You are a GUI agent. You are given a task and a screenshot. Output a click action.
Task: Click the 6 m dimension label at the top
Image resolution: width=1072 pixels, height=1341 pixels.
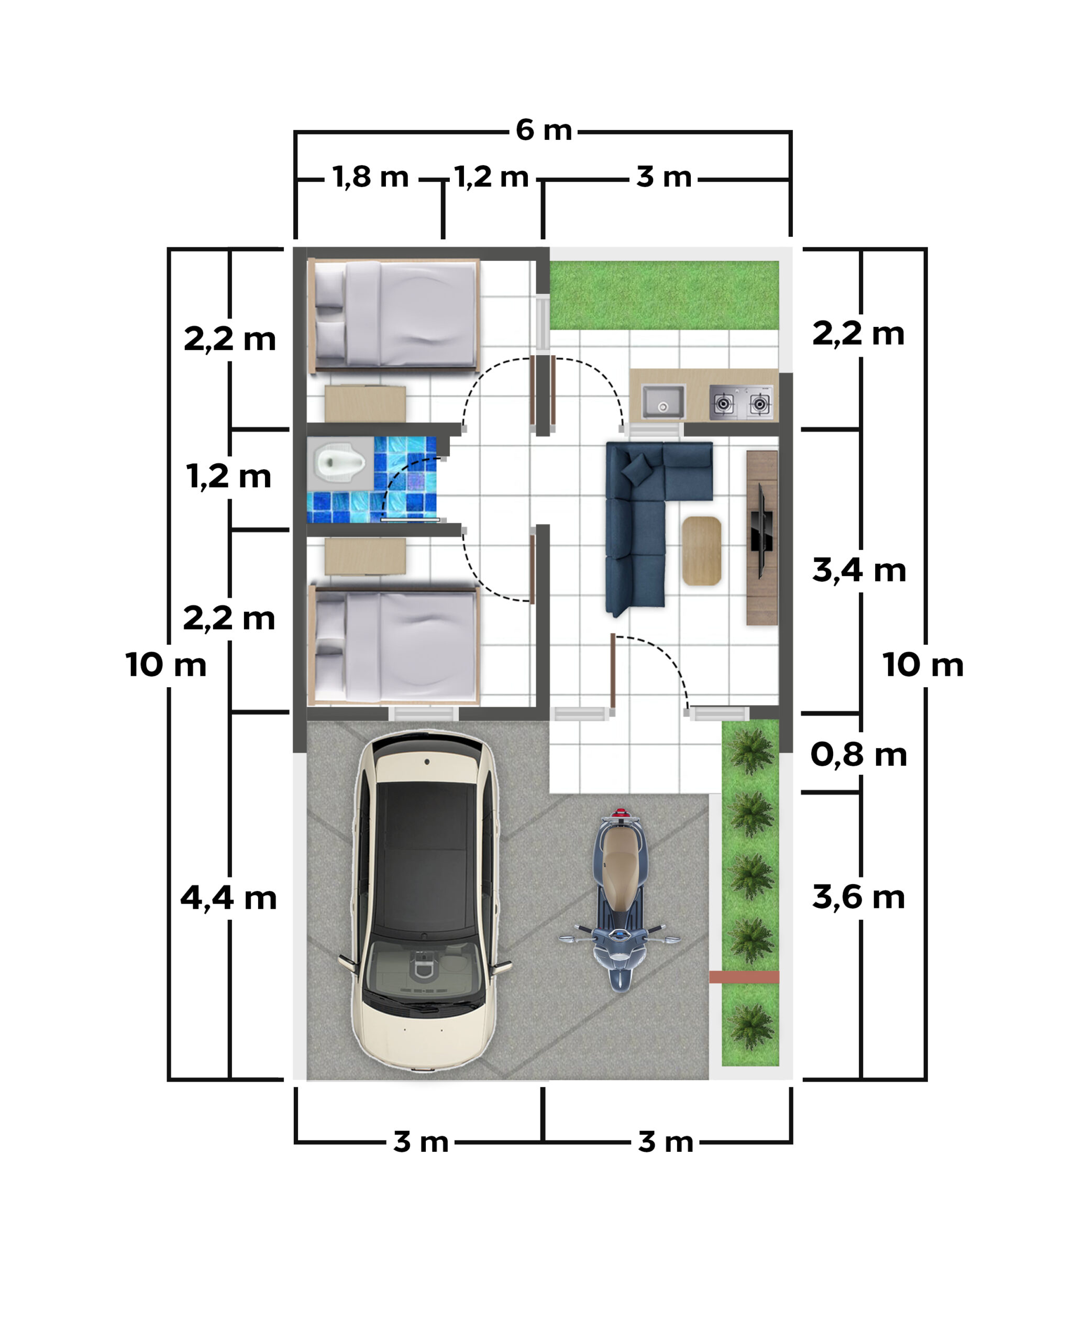(x=544, y=130)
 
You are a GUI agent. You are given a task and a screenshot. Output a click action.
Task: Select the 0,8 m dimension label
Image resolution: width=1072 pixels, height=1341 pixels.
(x=859, y=755)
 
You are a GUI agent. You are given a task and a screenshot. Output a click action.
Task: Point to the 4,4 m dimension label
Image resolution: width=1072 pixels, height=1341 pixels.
(x=228, y=898)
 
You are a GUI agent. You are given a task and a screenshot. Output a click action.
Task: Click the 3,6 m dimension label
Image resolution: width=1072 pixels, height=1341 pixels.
(x=859, y=897)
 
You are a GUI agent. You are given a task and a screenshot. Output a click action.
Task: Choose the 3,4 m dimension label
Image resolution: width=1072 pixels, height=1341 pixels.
(x=859, y=570)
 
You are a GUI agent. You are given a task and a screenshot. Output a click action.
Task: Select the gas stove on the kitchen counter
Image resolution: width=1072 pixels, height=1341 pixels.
(x=741, y=402)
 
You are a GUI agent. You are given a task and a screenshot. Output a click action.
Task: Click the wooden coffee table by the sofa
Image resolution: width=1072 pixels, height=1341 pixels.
(x=701, y=551)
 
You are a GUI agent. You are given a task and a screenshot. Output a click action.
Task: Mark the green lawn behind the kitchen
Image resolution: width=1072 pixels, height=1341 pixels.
(x=664, y=295)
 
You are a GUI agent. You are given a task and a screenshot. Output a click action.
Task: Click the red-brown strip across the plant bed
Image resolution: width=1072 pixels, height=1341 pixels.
(x=744, y=976)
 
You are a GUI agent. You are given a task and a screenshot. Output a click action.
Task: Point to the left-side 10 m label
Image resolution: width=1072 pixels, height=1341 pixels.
(x=166, y=665)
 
